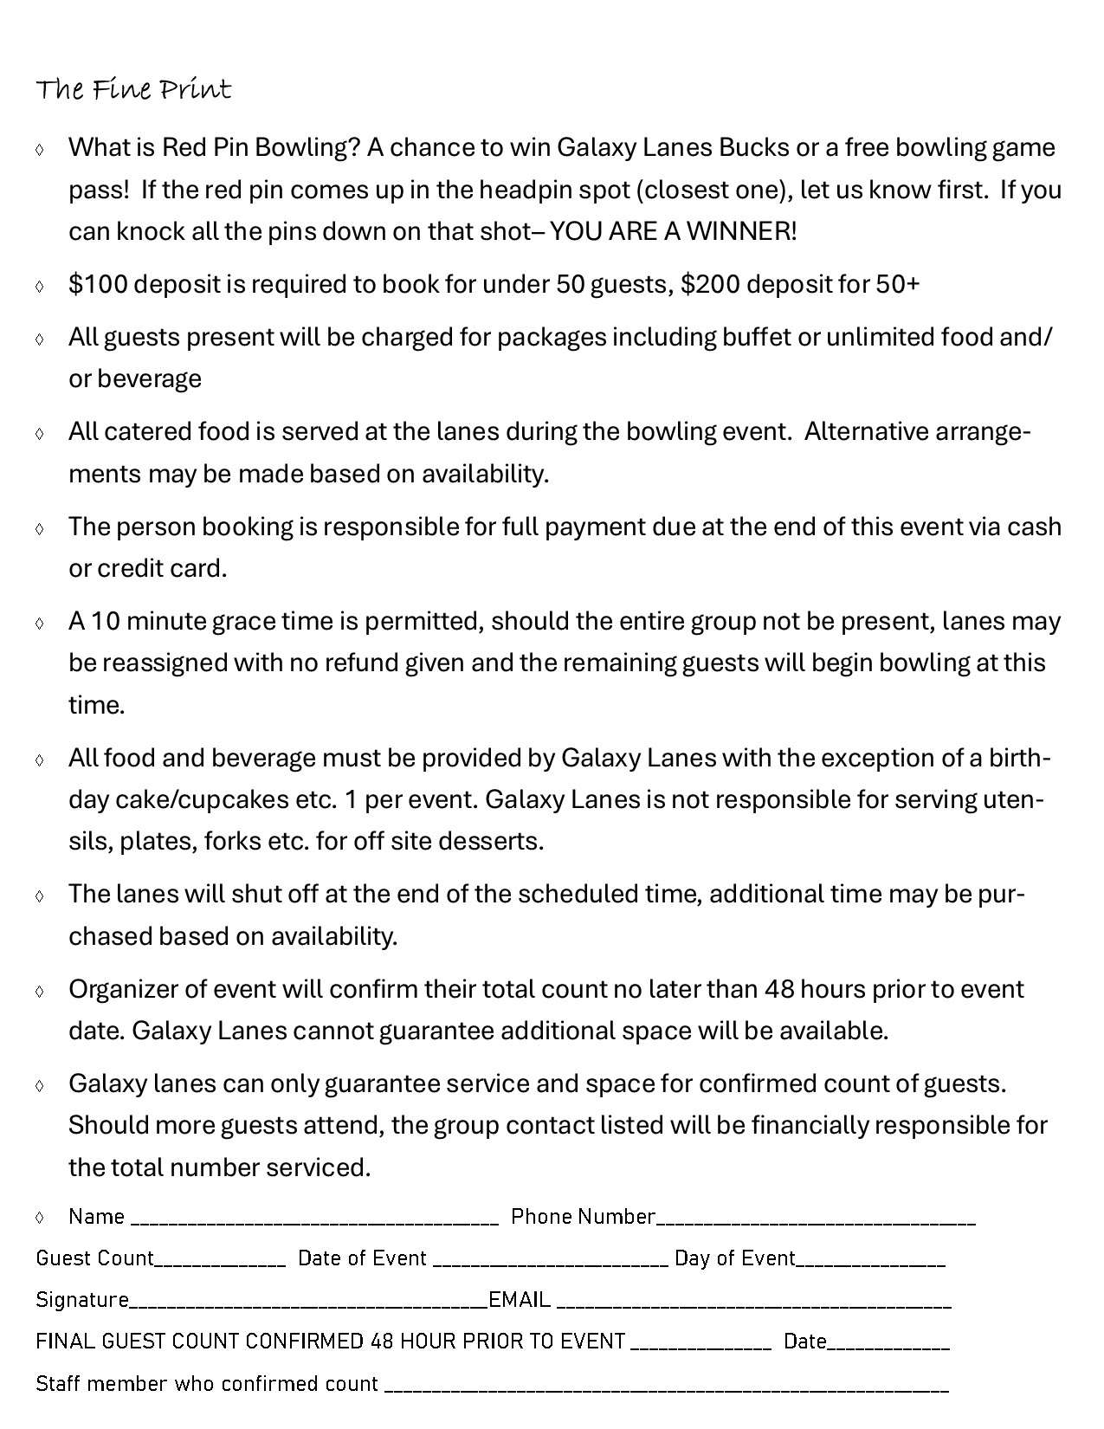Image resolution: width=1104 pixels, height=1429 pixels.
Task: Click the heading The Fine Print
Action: [x=133, y=90]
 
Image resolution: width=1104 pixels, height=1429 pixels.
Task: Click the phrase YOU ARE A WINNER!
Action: [x=673, y=231]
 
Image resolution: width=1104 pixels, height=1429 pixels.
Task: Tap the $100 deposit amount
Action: [x=98, y=284]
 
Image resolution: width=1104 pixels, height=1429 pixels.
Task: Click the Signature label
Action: [x=82, y=1300]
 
